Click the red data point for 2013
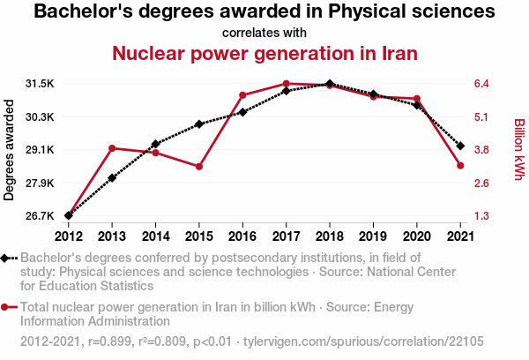[x=112, y=148]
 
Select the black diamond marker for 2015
[x=199, y=124]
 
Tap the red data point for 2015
[x=199, y=167]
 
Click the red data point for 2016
[x=242, y=95]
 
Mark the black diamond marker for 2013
[x=112, y=178]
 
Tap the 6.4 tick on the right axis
[x=482, y=84]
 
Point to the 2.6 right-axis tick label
[x=482, y=183]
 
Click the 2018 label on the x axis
[x=330, y=236]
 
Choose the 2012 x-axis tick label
[x=69, y=236]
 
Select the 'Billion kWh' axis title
[x=519, y=150]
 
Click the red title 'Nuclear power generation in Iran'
[x=264, y=54]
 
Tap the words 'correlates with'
[x=264, y=34]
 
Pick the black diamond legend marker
[x=6, y=258]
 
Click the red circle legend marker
[x=6, y=307]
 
